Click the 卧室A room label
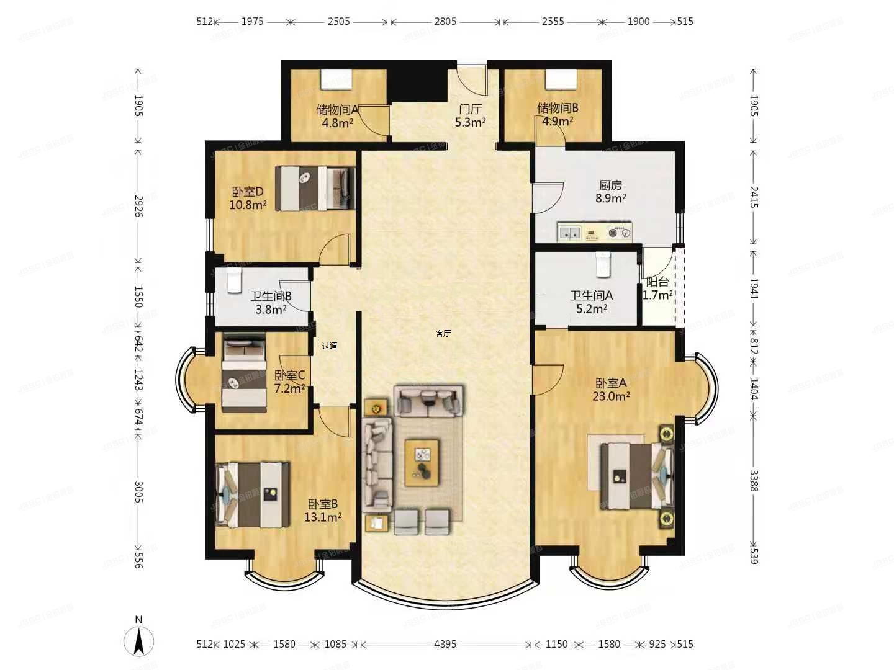coord(611,383)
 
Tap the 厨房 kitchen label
coord(610,185)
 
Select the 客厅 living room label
coord(443,333)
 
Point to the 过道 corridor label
coord(330,346)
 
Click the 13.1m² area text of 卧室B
coord(322,517)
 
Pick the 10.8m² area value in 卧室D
coord(248,205)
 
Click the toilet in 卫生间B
coord(233,280)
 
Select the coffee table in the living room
coord(422,462)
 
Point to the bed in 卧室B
coord(253,494)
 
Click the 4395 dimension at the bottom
coord(445,644)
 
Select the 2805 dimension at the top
coord(445,21)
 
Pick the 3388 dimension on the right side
coord(754,481)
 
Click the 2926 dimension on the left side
coord(138,206)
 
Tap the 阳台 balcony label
coord(657,282)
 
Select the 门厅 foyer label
coord(470,109)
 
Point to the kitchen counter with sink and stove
coord(594,233)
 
